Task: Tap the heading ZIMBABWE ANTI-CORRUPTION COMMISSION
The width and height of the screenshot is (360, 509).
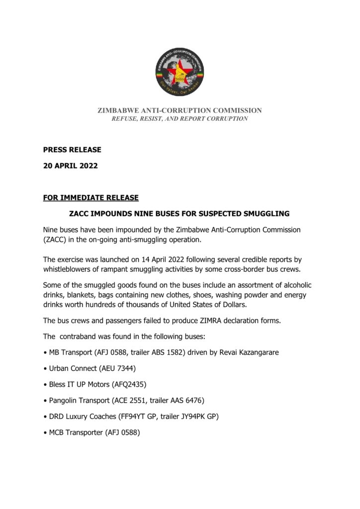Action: point(180,110)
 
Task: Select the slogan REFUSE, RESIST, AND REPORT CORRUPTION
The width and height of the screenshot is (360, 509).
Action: point(180,119)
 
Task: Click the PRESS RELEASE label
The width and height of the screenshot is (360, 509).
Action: point(72,150)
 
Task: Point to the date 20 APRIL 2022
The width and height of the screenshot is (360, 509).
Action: point(70,166)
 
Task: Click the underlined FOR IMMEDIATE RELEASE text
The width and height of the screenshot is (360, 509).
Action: point(91,198)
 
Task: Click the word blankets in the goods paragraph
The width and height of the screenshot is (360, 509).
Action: point(82,294)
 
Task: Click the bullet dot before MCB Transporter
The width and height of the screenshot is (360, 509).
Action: point(45,433)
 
